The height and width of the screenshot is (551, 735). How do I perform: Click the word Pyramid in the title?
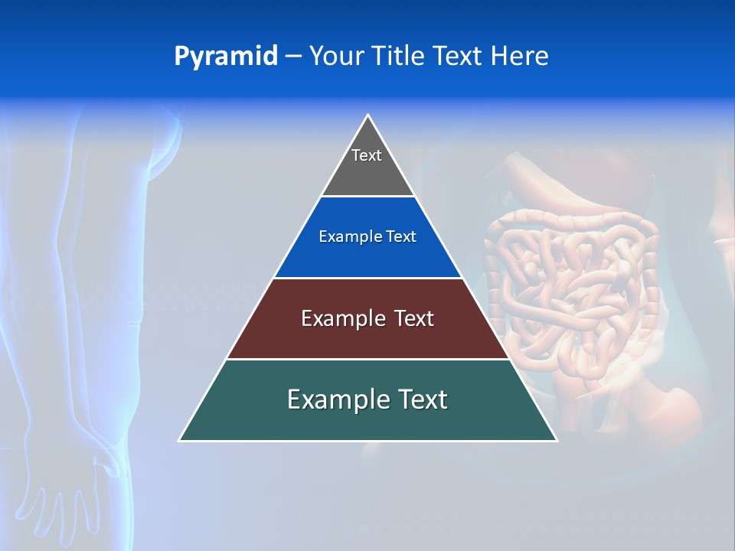click(x=225, y=57)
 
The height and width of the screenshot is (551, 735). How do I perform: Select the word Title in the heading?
click(x=398, y=57)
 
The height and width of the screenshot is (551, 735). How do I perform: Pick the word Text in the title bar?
click(x=458, y=57)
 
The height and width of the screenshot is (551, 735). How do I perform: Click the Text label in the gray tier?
click(x=367, y=155)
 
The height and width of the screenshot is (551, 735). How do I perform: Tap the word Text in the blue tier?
click(x=402, y=237)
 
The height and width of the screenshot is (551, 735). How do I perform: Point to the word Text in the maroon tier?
click(x=414, y=318)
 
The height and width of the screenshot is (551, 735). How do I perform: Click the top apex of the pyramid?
click(x=368, y=116)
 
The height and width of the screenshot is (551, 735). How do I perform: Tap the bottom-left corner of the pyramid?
click(x=180, y=440)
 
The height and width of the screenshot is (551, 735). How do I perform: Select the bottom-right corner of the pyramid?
click(x=556, y=440)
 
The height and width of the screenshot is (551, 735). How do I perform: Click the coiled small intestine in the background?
click(x=567, y=283)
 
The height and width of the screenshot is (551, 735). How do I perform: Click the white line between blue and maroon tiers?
click(x=367, y=278)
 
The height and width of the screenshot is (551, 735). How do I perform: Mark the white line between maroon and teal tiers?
click(x=367, y=359)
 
